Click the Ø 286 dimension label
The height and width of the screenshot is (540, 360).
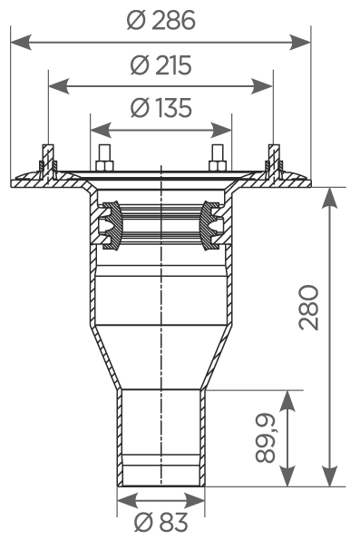tap(161, 20)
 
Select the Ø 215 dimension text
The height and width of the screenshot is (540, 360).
tap(161, 64)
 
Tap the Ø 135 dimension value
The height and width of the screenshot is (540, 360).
tap(161, 107)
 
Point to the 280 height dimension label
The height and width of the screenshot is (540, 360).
tap(309, 308)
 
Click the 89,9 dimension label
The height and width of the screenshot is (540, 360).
tap(266, 437)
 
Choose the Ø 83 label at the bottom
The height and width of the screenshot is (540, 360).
tap(161, 522)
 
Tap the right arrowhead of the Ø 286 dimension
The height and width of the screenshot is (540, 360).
tap(300, 43)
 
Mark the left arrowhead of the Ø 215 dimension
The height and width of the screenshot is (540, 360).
tap(59, 86)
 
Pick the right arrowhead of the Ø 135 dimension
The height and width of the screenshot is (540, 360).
tap(221, 130)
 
